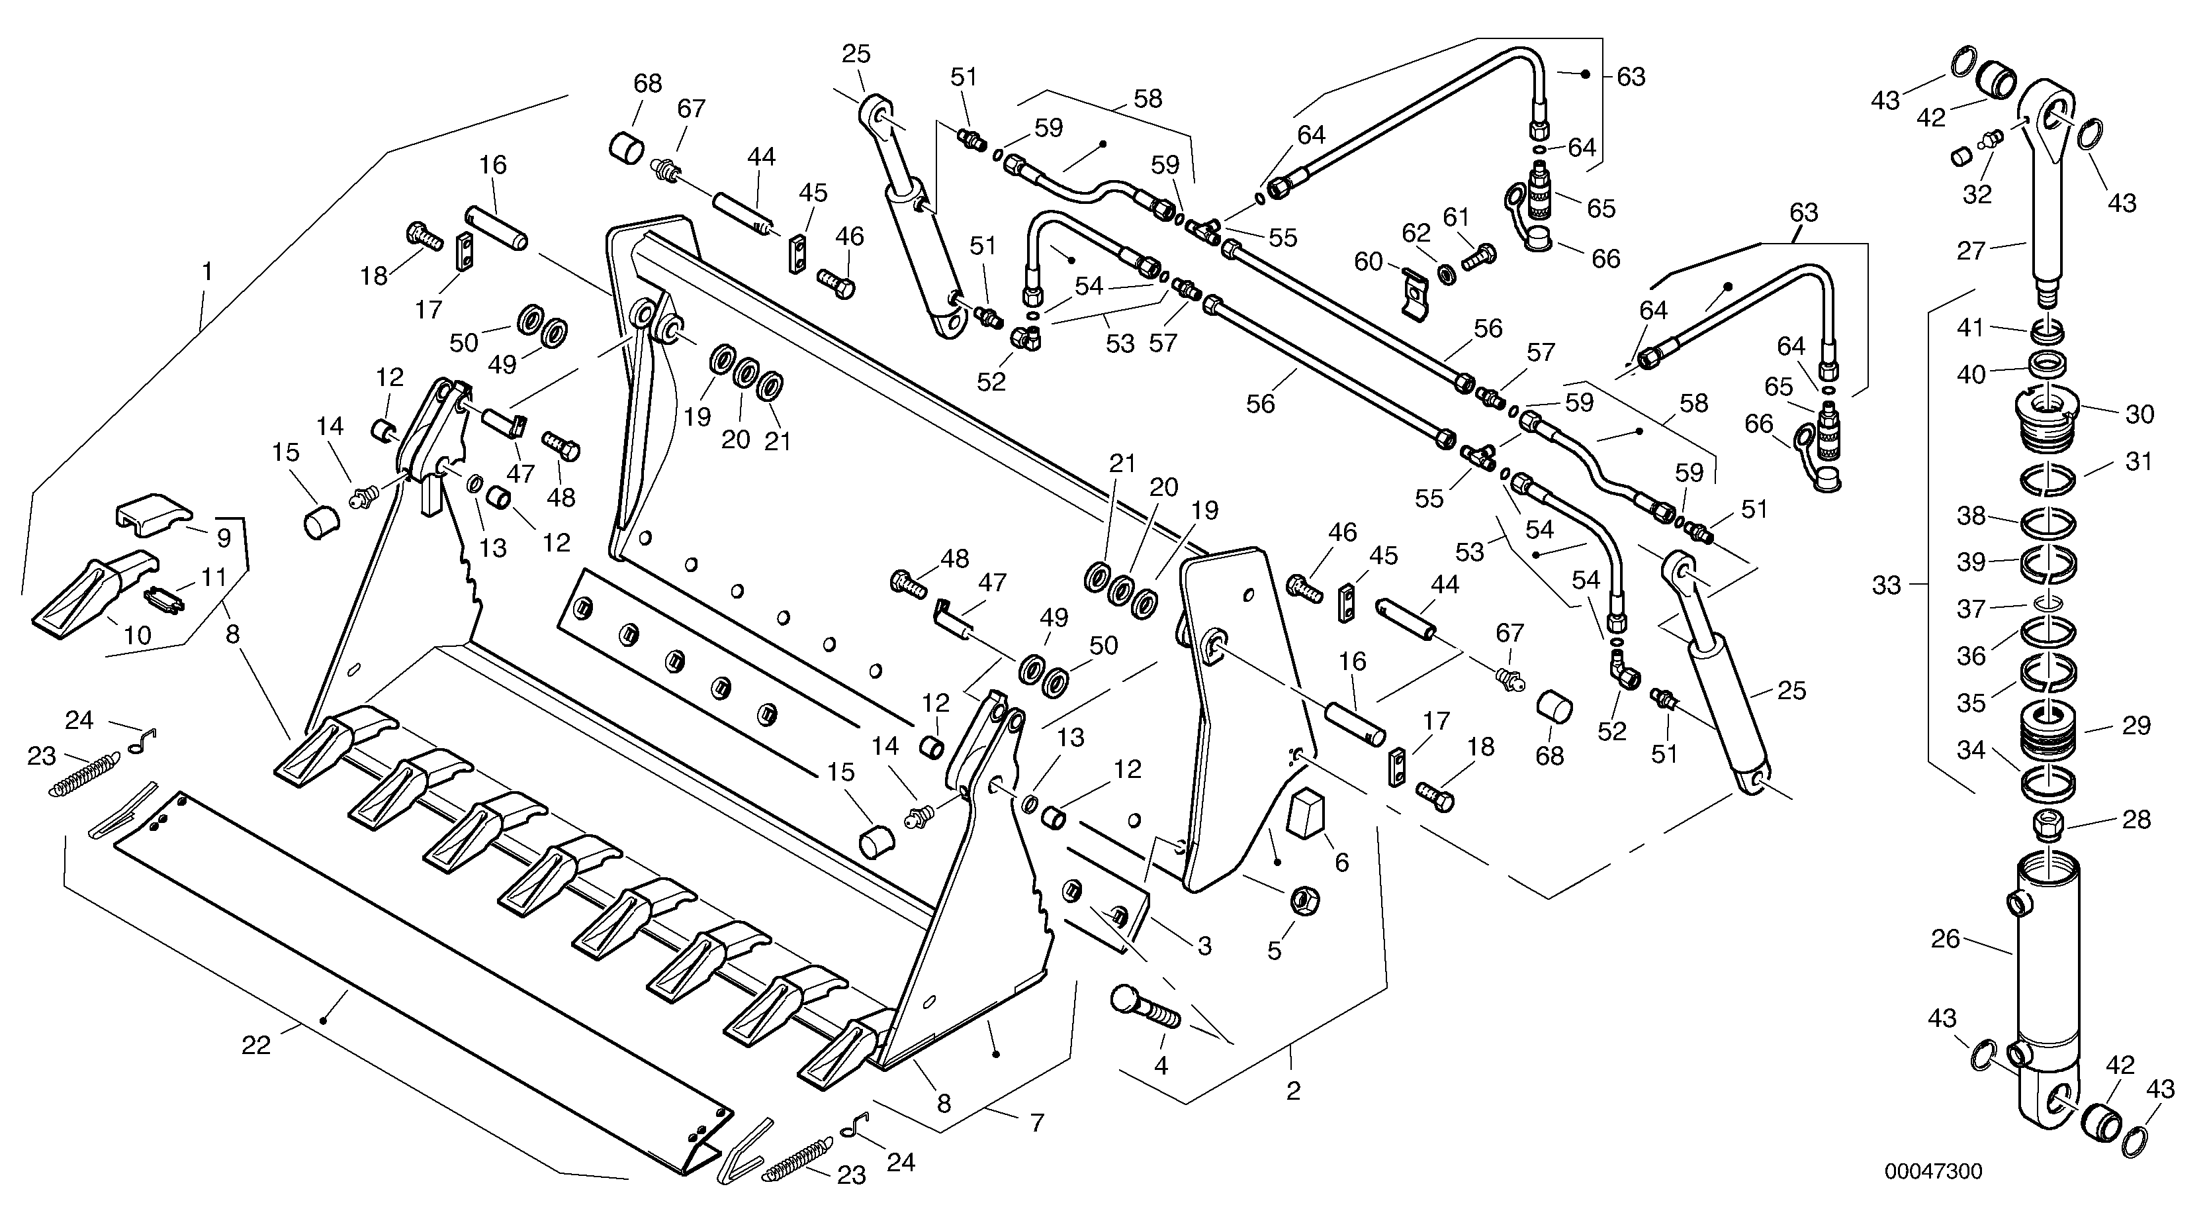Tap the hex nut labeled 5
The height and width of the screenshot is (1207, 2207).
pos(1304,900)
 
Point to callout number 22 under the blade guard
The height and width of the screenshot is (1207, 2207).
pos(256,1044)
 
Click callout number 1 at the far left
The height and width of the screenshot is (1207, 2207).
pos(206,273)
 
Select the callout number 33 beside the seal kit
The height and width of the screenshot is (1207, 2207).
pos(1886,585)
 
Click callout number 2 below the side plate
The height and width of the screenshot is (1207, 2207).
pos(1293,1091)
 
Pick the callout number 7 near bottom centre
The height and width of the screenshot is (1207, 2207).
pos(1038,1122)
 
